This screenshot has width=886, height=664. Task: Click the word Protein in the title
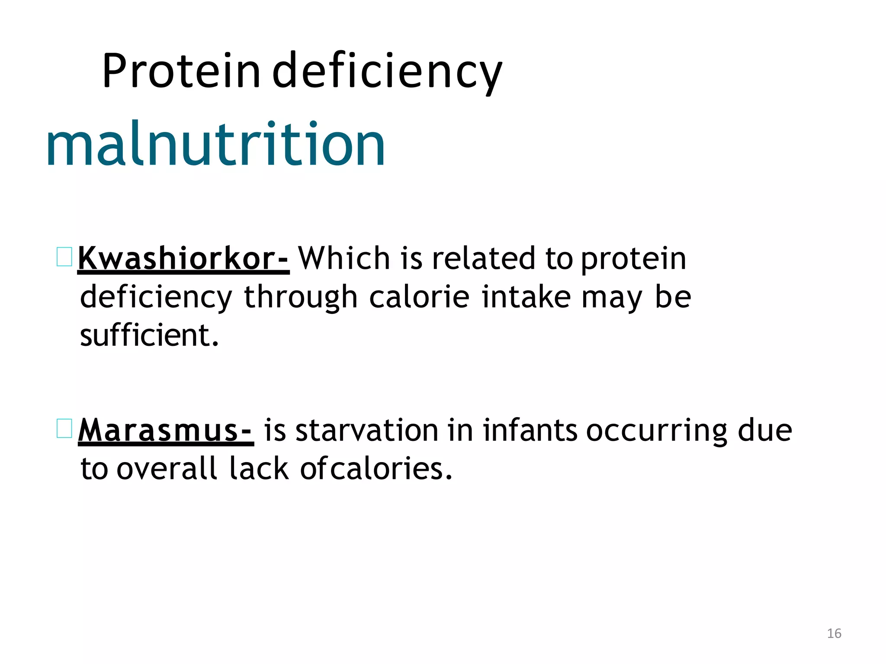(x=181, y=70)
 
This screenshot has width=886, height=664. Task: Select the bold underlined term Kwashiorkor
(x=183, y=259)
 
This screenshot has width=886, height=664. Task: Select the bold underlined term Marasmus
(x=166, y=431)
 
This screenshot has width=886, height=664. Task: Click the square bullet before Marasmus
(x=64, y=428)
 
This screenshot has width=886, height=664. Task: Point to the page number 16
(x=834, y=633)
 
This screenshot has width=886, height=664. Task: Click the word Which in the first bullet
(x=344, y=258)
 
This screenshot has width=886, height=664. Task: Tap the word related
(x=484, y=258)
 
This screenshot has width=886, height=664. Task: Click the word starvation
(x=367, y=431)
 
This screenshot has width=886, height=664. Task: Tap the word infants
(x=530, y=431)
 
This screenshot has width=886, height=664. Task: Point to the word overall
(x=167, y=469)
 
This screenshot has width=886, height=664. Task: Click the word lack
(x=259, y=469)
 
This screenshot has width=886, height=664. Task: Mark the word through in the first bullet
(x=301, y=297)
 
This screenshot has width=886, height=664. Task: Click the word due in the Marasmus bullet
(x=765, y=431)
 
